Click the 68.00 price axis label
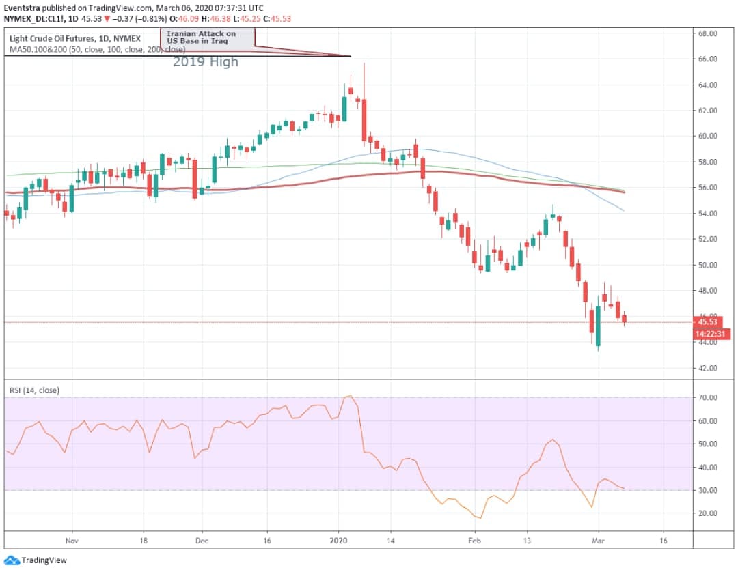(707, 34)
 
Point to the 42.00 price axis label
(707, 368)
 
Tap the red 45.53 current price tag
(707, 322)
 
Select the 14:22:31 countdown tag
(712, 334)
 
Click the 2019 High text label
(206, 62)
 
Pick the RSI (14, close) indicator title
(34, 390)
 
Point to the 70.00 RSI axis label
(707, 398)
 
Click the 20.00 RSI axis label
(707, 513)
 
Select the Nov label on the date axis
(72, 541)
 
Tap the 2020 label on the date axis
(338, 541)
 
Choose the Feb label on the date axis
(474, 541)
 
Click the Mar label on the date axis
(598, 541)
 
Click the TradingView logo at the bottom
(36, 560)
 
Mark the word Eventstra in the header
(22, 8)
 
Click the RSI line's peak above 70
(350, 396)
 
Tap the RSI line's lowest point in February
(480, 518)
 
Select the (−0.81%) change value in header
(150, 19)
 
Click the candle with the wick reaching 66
(364, 102)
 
